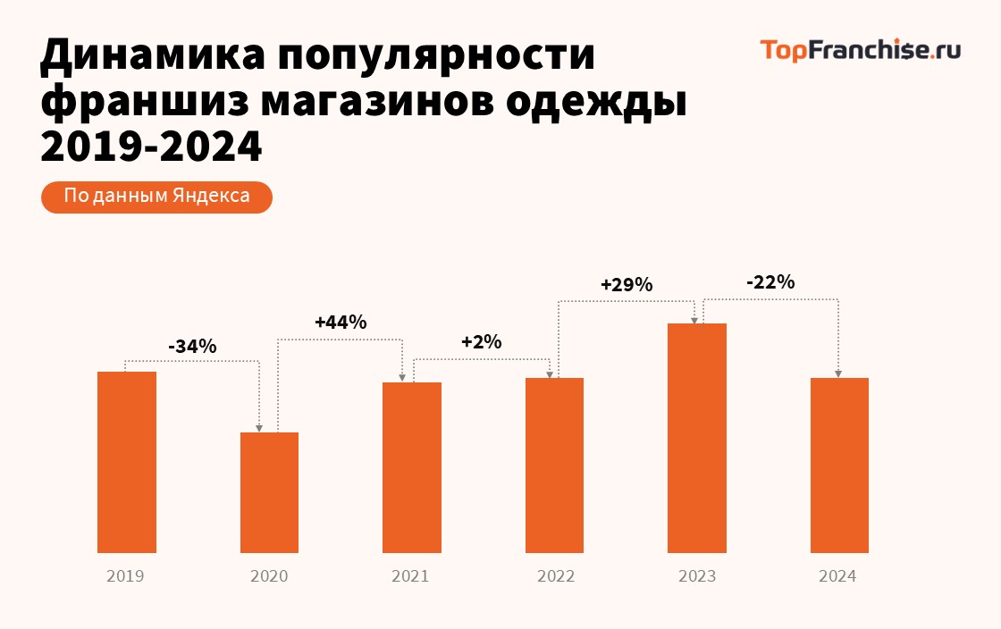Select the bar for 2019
coord(127,462)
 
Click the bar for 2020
coord(269,492)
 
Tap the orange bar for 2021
coord(411,467)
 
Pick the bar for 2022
coord(554,465)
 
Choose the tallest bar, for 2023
coord(697,438)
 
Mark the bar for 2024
coord(839,465)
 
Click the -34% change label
coord(192,346)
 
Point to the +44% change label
coord(341,323)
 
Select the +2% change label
coord(481,342)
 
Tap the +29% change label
coord(627,286)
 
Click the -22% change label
coord(770,282)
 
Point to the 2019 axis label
coord(125,576)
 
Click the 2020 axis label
coord(269,576)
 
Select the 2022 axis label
coord(555,576)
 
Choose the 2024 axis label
coord(837,576)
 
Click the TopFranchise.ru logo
coord(860,50)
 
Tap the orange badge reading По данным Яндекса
coord(156,197)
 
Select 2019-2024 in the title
coord(152,146)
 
